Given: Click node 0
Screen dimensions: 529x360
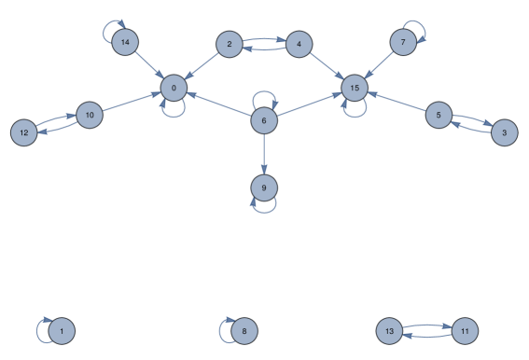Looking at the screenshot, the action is coord(173,88).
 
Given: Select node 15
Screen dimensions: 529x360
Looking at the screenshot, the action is coord(354,89).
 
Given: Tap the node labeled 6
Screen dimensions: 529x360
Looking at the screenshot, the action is coord(264,120).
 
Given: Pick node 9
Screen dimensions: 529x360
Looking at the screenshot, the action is coord(264,188).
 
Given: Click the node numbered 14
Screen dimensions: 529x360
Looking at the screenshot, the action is coord(125,43).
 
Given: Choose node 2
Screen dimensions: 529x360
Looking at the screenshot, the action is coord(230,44).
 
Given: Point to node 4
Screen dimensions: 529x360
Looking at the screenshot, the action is coord(299,44).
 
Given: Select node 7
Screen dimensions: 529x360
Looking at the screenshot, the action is coord(402,43).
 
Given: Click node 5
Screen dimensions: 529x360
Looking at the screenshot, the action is coord(439,116).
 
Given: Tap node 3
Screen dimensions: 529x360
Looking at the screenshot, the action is coord(504,132).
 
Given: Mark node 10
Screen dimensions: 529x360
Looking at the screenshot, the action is coord(90,116).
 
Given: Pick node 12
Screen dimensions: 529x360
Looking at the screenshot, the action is coord(24,132).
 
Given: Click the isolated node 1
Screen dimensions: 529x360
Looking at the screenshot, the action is coord(62,331).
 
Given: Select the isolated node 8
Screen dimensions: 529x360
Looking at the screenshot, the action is coord(244,331).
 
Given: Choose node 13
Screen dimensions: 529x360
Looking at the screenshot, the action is coord(390,331).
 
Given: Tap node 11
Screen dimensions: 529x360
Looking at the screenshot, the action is coord(464,331).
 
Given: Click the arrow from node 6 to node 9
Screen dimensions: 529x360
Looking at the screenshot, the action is coord(264,154).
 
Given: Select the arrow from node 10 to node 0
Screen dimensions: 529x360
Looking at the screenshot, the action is coord(131,102).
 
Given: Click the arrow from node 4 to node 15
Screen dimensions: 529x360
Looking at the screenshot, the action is coord(326,66).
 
